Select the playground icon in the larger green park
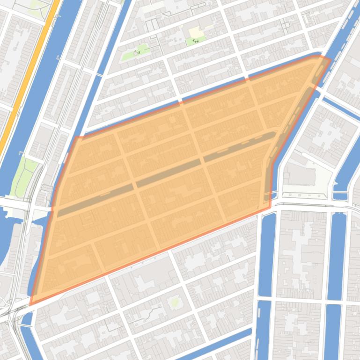[137, 52]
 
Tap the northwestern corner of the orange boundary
[76, 137]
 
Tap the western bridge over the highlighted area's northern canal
[181, 101]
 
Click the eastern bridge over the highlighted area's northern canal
[247, 78]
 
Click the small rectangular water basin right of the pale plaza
[340, 196]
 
